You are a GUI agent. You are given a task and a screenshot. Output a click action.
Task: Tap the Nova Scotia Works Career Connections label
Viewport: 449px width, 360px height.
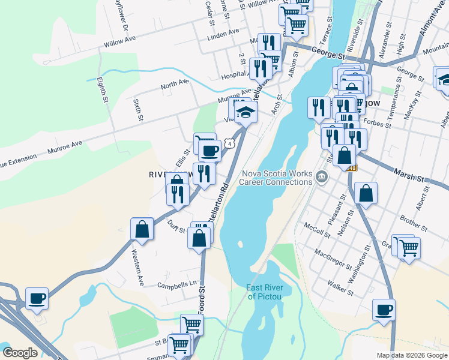click(x=277, y=178)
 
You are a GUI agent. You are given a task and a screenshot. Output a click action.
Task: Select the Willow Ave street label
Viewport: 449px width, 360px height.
click(x=121, y=43)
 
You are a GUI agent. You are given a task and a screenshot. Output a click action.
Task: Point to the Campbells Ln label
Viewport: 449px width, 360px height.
click(x=177, y=284)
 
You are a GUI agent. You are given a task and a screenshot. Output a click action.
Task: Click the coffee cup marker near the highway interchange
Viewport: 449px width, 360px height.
click(x=37, y=298)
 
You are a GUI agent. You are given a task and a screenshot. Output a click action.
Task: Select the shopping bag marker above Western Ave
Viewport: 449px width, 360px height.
click(x=142, y=229)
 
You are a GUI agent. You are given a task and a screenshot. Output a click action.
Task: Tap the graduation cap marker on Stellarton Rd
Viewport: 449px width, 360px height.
click(x=246, y=112)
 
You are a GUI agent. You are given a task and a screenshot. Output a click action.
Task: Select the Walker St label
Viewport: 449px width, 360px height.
click(x=340, y=287)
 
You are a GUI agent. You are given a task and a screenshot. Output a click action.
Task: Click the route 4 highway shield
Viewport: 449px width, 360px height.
click(x=229, y=144)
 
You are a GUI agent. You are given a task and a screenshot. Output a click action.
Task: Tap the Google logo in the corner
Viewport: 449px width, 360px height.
click(x=20, y=353)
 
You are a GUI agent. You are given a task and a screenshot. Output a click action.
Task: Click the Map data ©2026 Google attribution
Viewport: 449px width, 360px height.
click(x=411, y=355)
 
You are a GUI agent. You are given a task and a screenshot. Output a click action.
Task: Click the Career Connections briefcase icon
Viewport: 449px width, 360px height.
click(x=322, y=176)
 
